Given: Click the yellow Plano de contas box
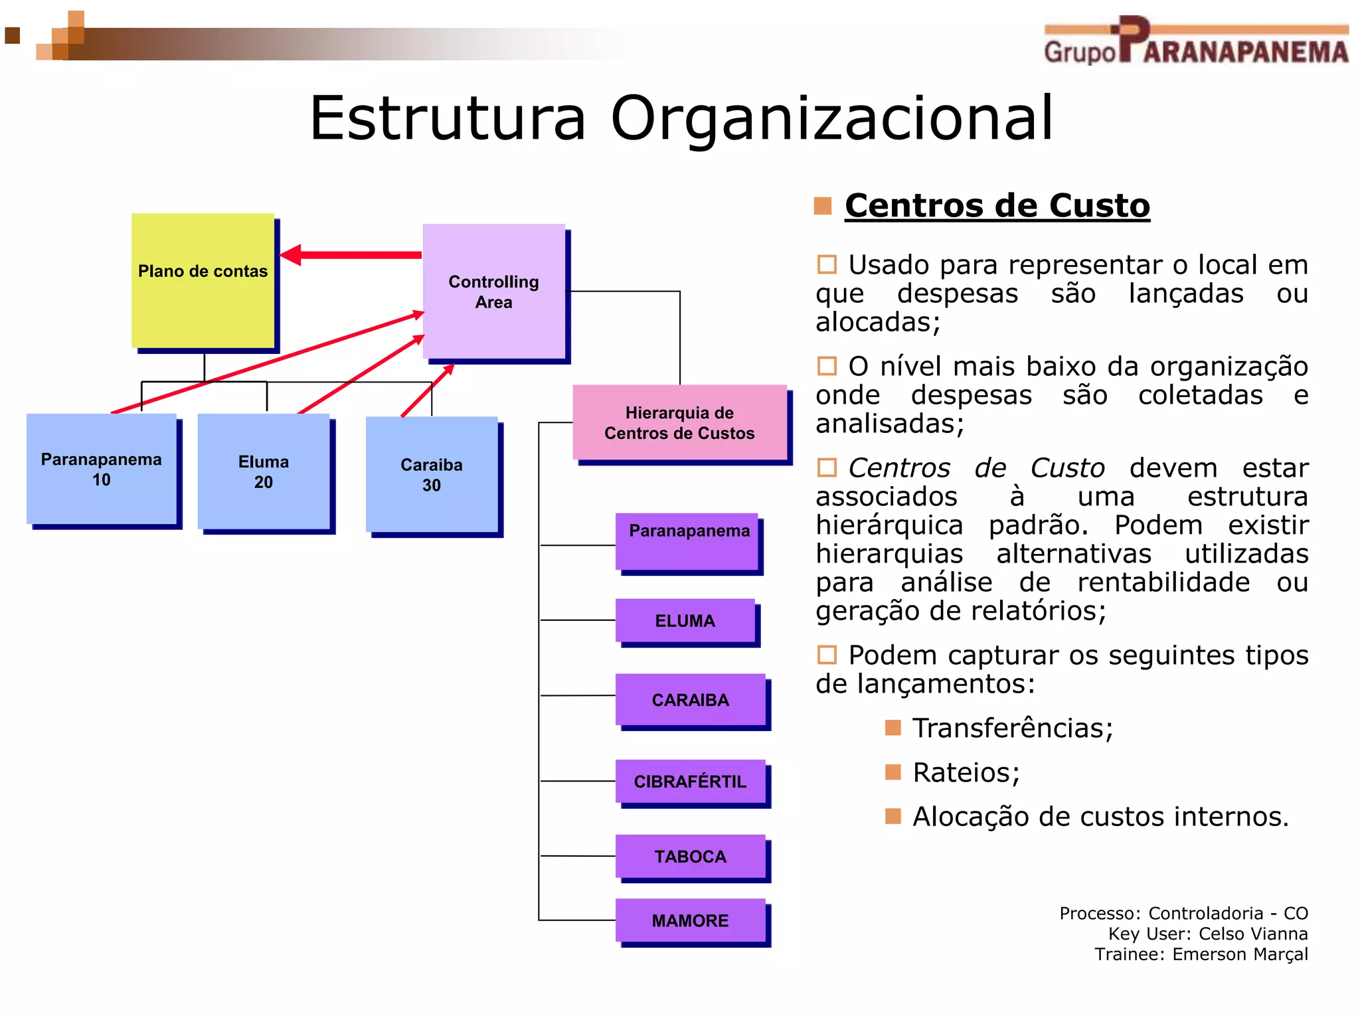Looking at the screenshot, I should point(203,280).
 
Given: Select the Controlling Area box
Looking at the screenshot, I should point(493,292).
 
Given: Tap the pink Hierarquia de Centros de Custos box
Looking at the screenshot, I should point(679,422).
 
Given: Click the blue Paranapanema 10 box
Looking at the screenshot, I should point(102,469).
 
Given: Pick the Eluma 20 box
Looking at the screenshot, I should point(264,471).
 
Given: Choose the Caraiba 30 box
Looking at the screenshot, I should point(432,474).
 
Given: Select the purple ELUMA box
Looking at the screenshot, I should point(685,620).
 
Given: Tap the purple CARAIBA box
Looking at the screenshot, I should point(690,699).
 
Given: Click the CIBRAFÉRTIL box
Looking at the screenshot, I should point(690,781).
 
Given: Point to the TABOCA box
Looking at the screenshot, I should point(690,856).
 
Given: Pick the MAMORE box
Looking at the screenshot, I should point(690,920).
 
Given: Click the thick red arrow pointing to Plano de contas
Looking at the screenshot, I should point(352,255).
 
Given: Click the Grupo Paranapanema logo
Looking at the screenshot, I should point(1195,41).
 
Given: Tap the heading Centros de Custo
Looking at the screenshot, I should point(997,205).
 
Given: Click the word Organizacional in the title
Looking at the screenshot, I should point(831,118).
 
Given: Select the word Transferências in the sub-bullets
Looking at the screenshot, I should point(1012,728).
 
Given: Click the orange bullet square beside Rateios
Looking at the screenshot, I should point(893,772).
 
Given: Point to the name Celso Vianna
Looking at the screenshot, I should point(1253,934).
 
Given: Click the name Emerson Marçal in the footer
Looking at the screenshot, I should point(1240,954).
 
